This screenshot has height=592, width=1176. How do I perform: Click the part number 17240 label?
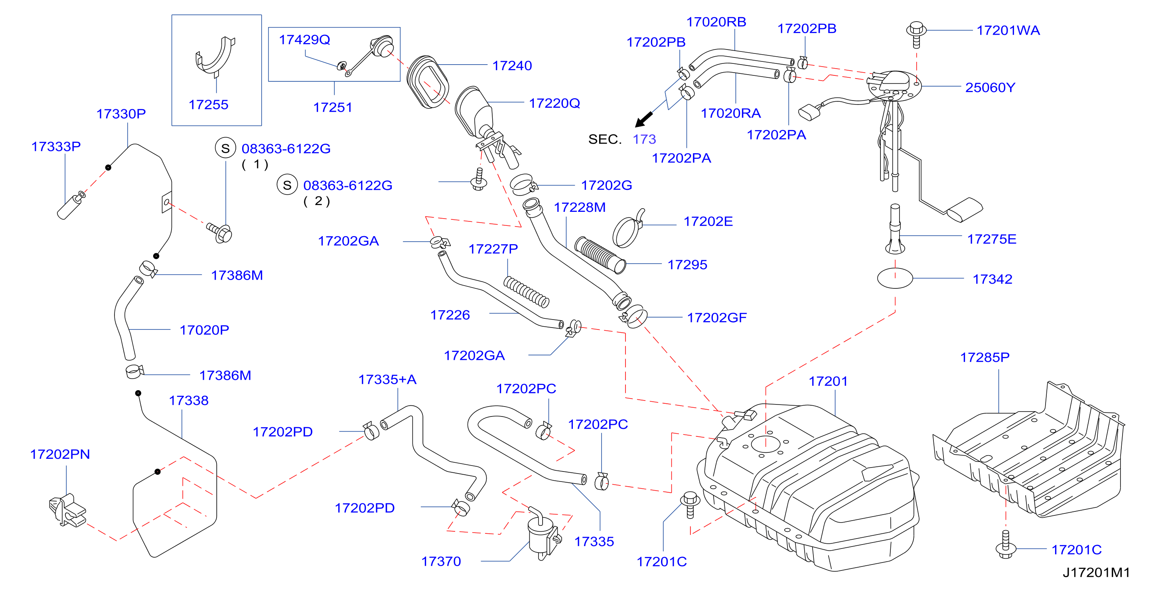(x=512, y=66)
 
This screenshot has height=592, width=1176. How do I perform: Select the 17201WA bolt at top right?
(x=916, y=34)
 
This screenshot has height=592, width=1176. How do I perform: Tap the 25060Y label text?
(x=990, y=87)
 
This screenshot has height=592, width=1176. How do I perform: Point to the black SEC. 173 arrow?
(x=644, y=120)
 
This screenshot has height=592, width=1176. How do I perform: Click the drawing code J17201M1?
(x=1096, y=572)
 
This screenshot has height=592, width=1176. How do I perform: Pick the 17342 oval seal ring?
(x=895, y=278)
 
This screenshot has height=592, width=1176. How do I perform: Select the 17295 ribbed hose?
(x=600, y=255)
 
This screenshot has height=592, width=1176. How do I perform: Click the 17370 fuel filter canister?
(x=543, y=534)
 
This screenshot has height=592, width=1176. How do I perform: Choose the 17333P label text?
(x=56, y=146)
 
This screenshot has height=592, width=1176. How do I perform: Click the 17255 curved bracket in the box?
(x=215, y=57)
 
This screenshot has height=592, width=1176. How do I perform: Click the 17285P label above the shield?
(x=985, y=357)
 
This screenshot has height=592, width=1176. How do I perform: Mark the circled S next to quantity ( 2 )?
(x=287, y=185)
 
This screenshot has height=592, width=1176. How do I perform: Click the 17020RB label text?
(x=716, y=22)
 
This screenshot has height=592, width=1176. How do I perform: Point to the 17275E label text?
(x=992, y=239)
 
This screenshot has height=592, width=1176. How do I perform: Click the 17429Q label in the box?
(x=304, y=40)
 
